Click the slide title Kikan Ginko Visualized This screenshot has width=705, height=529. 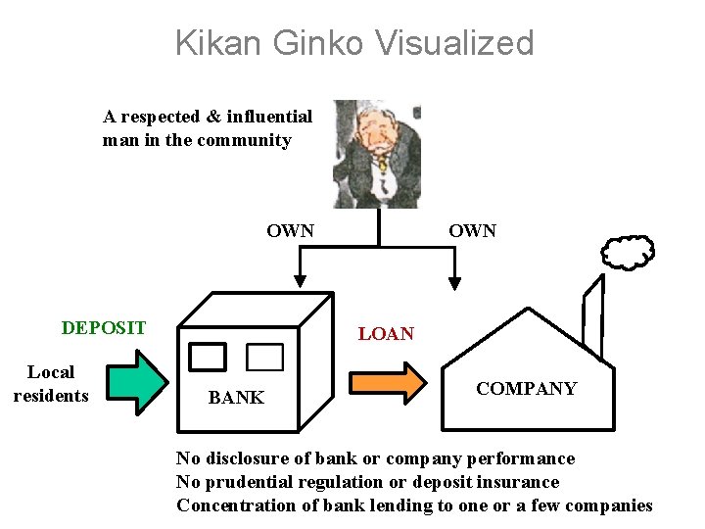[x=354, y=43]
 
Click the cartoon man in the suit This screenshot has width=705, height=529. [x=376, y=153]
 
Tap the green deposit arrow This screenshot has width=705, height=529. [x=137, y=381]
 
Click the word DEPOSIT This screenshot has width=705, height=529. [x=104, y=328]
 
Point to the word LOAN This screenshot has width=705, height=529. [x=386, y=334]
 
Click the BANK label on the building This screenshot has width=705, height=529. [x=236, y=397]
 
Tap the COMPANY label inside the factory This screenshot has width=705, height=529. [x=526, y=389]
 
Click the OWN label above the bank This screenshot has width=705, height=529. [x=290, y=232]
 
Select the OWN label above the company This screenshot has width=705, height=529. [x=472, y=231]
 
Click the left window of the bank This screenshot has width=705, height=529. [x=208, y=357]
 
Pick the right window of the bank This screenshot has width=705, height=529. [x=264, y=357]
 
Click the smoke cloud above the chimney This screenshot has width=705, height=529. [x=628, y=253]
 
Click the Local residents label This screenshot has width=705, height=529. [x=51, y=384]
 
